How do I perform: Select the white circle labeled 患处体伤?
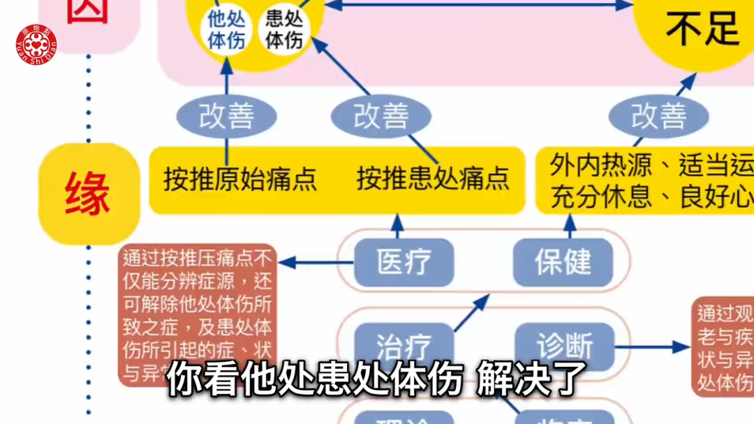(283, 29)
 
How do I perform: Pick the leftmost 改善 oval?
(226, 116)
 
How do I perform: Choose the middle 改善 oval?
(380, 116)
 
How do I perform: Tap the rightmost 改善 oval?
(658, 116)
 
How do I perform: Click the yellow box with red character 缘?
(88, 193)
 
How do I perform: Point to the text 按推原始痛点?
(240, 179)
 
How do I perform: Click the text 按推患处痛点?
(433, 179)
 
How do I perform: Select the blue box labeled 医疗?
(404, 262)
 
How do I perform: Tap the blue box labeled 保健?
(563, 262)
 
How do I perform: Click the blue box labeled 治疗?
(404, 345)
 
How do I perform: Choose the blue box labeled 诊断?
(564, 345)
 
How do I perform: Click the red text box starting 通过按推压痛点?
(198, 314)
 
